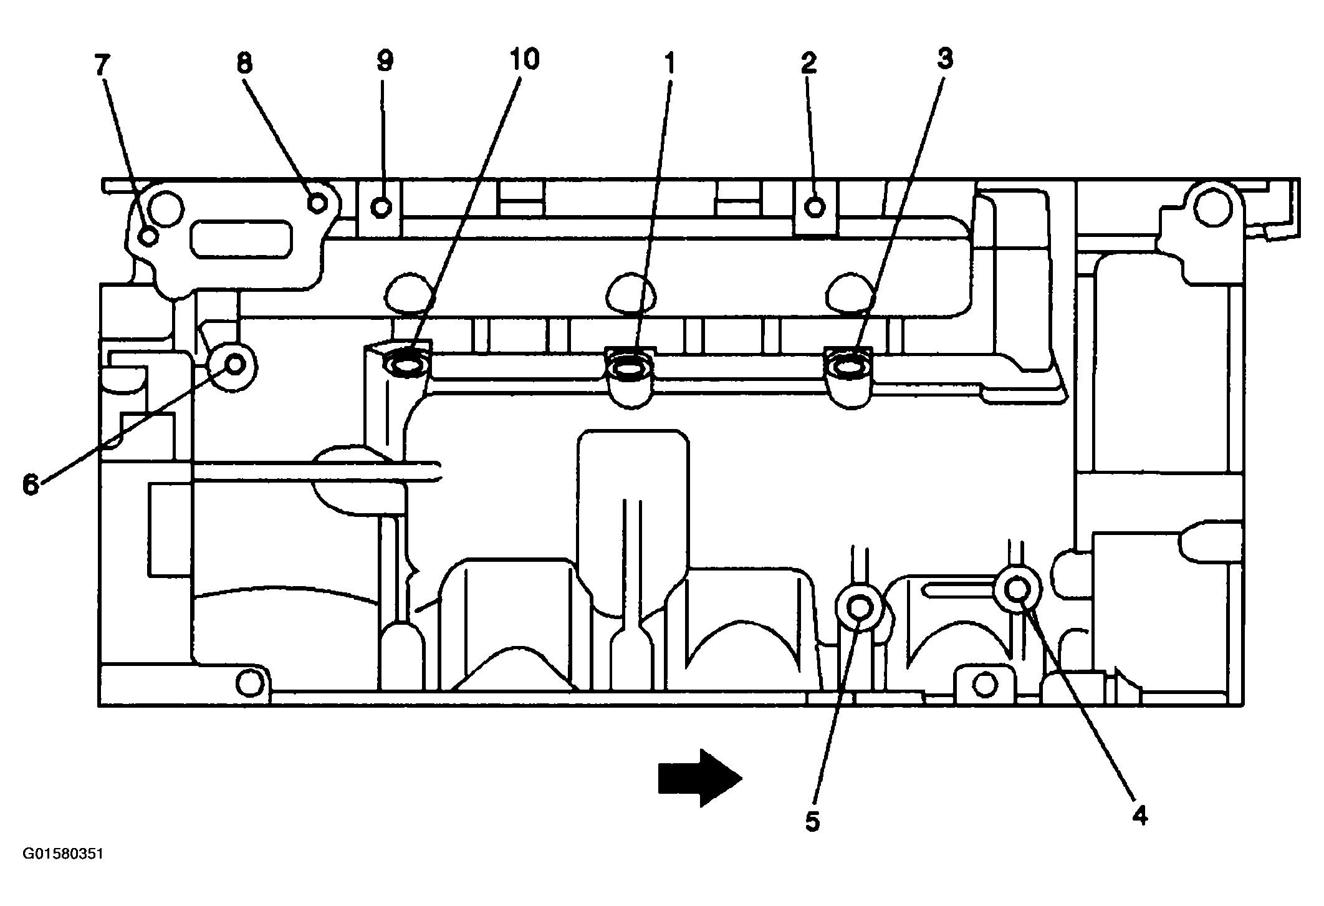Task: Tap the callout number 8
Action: (244, 64)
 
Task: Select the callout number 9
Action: (385, 61)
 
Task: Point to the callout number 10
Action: (524, 59)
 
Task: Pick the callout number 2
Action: (808, 64)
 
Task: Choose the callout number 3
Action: (944, 59)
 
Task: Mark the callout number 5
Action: (812, 821)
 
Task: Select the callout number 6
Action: (31, 484)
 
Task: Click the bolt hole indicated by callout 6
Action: (235, 364)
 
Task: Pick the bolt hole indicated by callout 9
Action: (382, 206)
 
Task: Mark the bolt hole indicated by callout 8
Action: (318, 203)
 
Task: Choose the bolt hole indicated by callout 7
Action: (149, 237)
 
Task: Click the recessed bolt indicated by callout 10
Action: (406, 364)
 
